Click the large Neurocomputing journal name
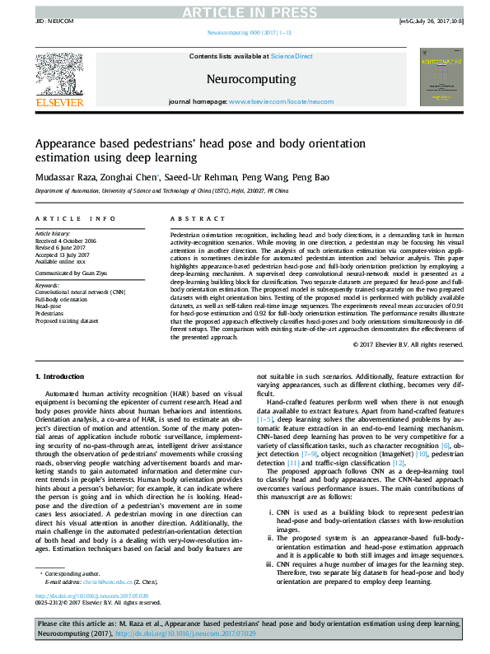click(x=245, y=79)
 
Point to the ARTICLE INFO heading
click(x=75, y=219)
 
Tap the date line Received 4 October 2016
click(x=65, y=241)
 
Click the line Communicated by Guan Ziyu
click(x=70, y=269)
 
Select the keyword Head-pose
click(x=49, y=306)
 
